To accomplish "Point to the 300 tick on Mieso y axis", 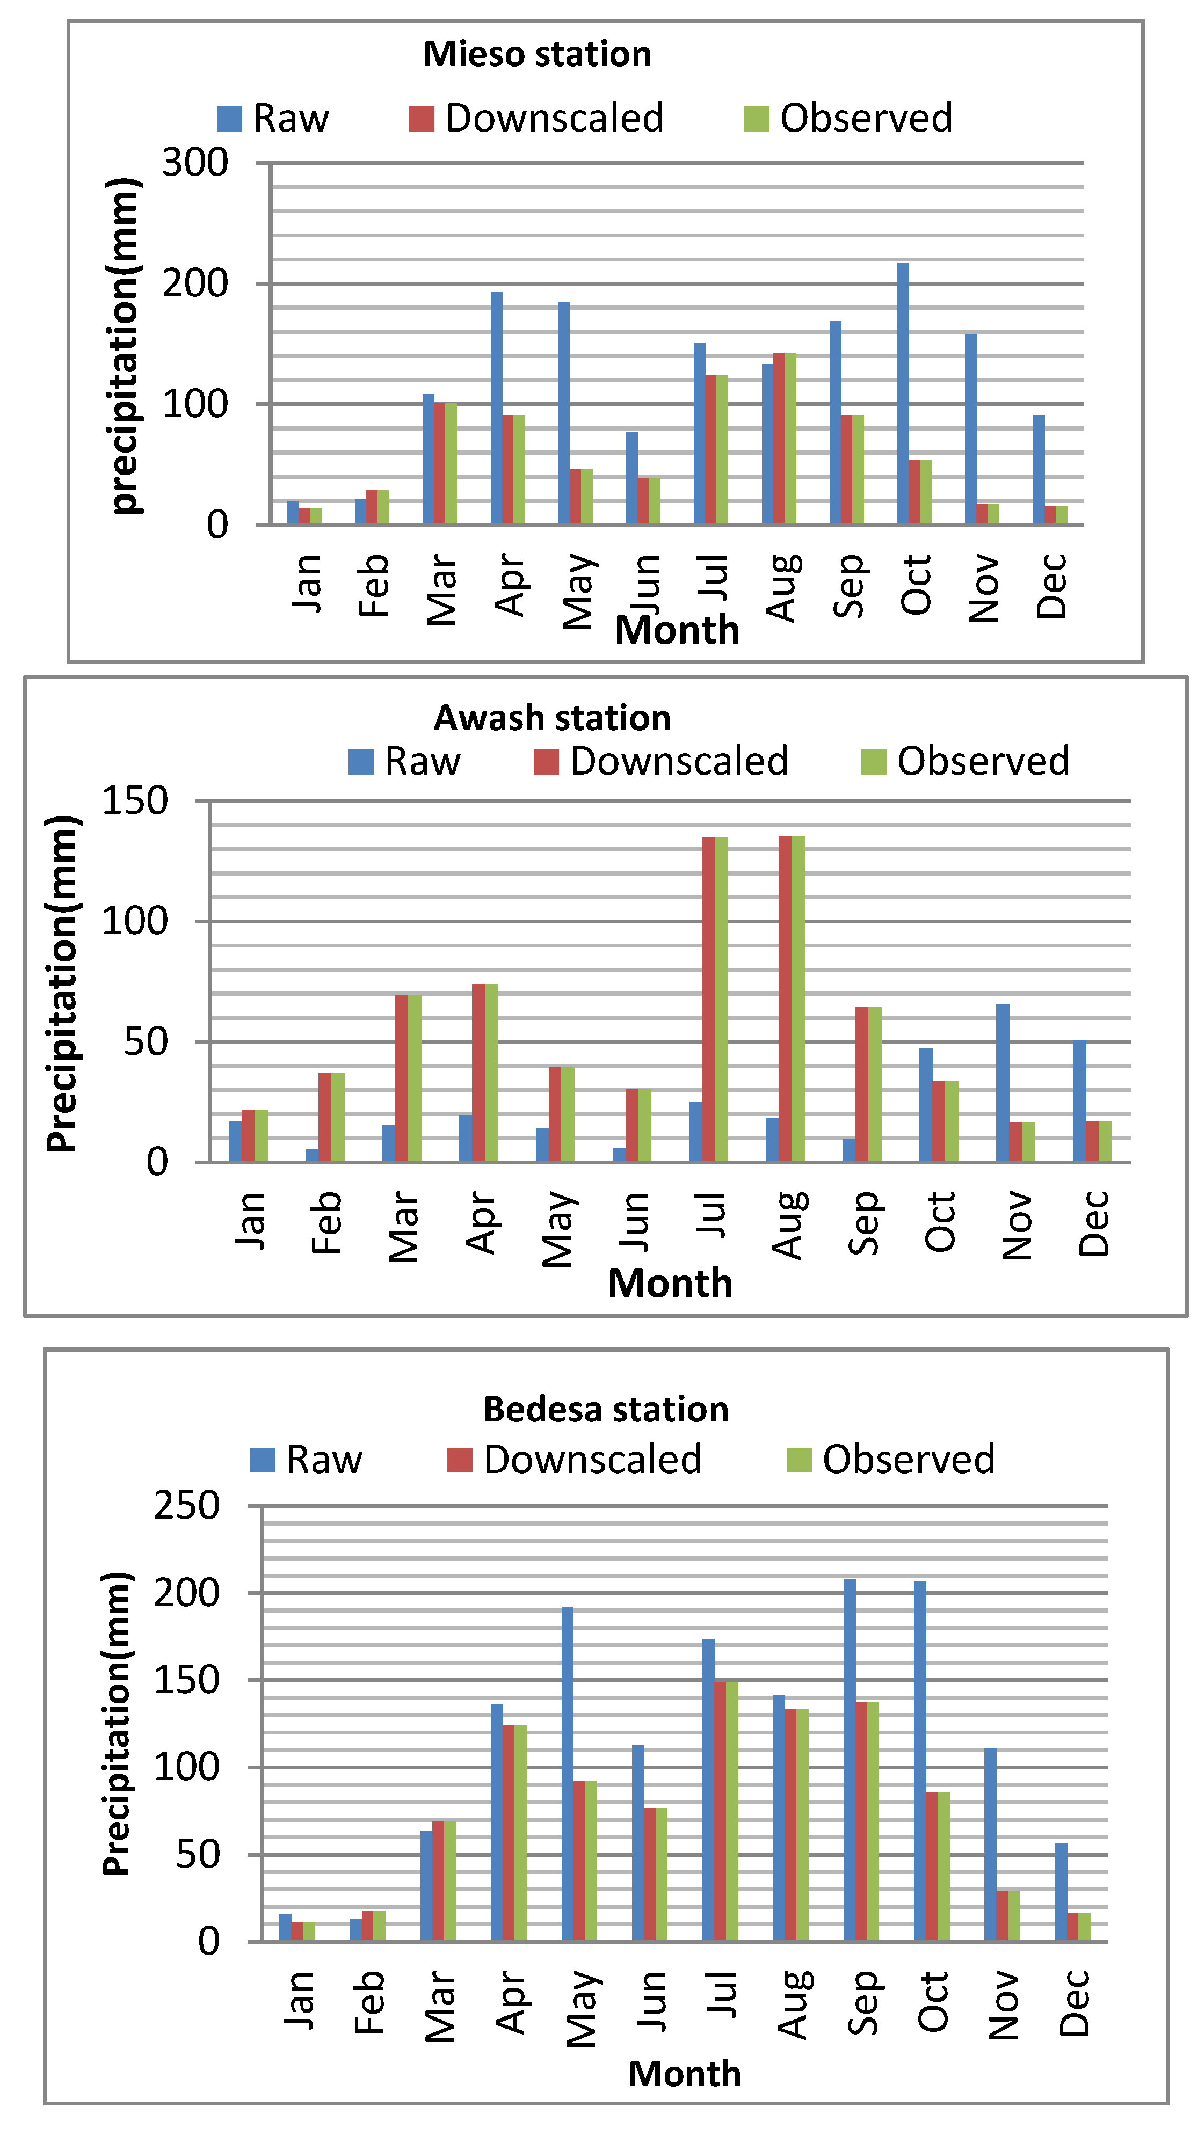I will (194, 163).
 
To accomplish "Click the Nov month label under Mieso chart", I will (984, 588).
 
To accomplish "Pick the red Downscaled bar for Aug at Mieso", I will (778, 438).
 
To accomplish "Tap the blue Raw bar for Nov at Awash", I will (1002, 1083).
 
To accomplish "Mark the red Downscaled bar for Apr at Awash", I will (478, 1073).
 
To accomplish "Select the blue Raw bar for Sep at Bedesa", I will (849, 1760).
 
